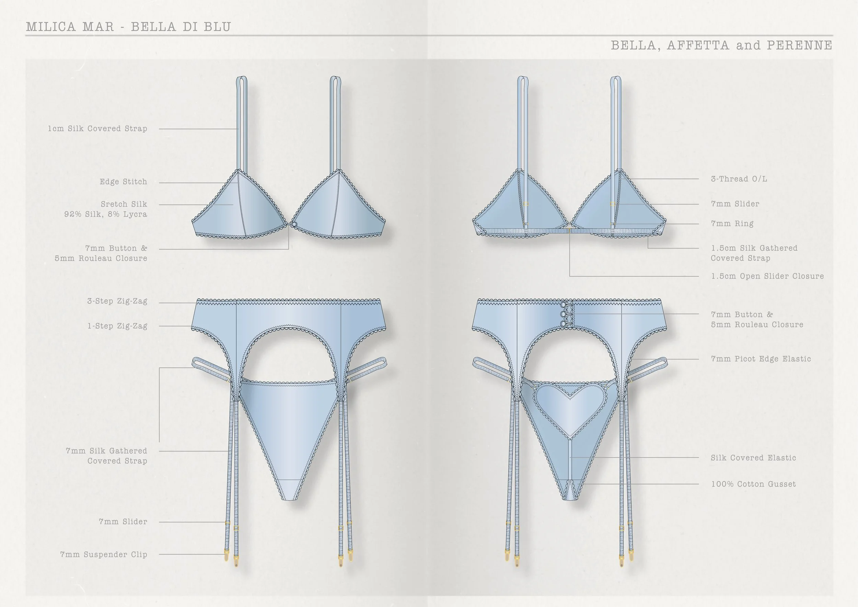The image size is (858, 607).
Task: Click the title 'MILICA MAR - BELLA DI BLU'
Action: [x=128, y=27]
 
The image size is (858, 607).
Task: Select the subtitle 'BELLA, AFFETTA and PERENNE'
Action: [x=721, y=45]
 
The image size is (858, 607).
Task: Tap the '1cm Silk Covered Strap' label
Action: [x=97, y=129]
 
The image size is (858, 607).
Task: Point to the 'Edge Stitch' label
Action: [x=123, y=182]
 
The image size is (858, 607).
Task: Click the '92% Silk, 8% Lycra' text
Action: [x=106, y=215]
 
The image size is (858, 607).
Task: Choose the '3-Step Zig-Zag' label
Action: [x=117, y=301]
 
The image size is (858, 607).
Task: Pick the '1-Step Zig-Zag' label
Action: [x=117, y=326]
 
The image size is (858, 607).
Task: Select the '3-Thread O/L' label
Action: [x=739, y=179]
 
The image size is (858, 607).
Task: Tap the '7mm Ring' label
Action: [x=732, y=224]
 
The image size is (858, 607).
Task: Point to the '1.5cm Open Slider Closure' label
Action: [x=767, y=276]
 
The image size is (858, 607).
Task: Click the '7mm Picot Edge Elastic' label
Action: [x=761, y=359]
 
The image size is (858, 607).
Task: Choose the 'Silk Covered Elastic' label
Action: [x=753, y=458]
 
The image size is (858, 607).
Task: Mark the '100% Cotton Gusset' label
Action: [x=753, y=484]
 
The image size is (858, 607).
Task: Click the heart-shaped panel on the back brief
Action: [x=570, y=405]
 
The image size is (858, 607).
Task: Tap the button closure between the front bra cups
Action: [x=294, y=224]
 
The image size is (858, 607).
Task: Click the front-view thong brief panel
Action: [x=288, y=430]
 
